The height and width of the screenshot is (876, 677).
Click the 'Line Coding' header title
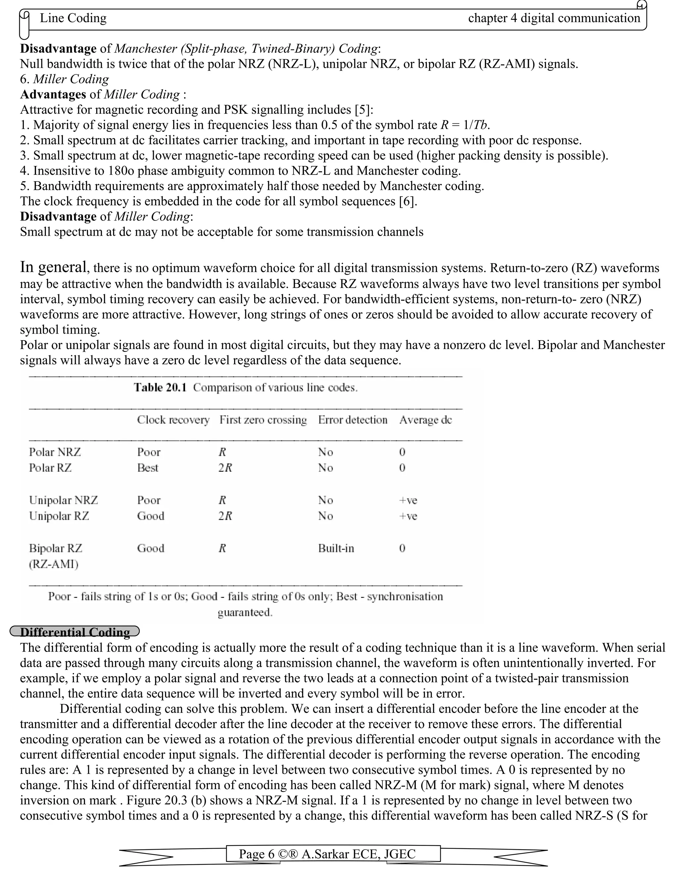73,18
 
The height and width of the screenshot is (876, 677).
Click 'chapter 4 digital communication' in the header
554,18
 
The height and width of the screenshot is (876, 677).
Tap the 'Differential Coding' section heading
75,632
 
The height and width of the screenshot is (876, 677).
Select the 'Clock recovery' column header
173,420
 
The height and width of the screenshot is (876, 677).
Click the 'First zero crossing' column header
263,420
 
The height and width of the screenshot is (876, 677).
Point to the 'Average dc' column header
425,420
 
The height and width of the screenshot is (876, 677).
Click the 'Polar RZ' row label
50,468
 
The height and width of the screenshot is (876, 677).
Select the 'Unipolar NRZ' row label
63,500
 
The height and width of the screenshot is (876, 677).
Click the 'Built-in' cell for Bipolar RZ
336,548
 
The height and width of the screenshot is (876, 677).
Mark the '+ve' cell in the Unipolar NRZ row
408,500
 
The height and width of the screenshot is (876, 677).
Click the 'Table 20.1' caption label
160,387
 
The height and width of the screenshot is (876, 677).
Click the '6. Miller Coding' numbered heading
64,79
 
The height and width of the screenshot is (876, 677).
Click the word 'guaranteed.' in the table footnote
245,613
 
